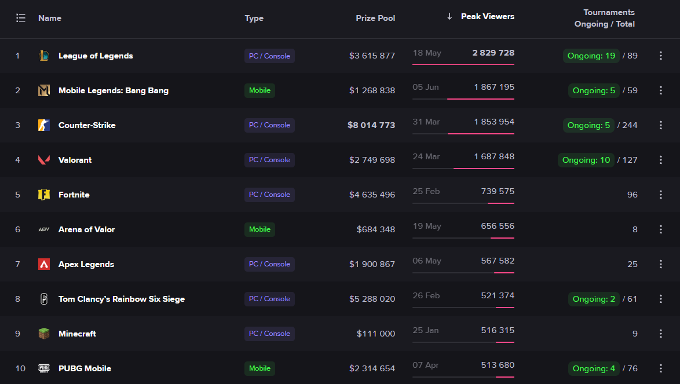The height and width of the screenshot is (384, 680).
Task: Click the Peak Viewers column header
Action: coord(487,16)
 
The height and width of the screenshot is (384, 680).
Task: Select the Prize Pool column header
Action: coord(375,18)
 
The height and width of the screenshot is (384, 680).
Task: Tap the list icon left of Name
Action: coord(21,18)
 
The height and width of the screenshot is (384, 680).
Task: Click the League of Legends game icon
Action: coord(44,56)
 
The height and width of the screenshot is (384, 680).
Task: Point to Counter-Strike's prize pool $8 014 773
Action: coord(371,125)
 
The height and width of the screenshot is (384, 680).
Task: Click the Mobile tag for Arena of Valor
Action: coord(259,229)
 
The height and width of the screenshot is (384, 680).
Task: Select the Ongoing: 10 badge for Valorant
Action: coord(586,160)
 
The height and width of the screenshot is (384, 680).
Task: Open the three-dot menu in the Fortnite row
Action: coord(660,195)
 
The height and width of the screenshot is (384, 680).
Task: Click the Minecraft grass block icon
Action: coord(44,334)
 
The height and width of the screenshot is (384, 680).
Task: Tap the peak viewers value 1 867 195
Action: coord(493,87)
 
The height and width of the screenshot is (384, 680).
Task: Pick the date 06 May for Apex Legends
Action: coord(426,261)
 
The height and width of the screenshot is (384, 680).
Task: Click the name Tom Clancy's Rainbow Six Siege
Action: coord(122,299)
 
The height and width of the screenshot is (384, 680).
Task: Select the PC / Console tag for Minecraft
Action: coord(269,334)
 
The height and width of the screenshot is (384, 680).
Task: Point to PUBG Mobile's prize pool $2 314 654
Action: coord(372,368)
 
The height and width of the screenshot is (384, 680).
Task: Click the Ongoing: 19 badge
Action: coord(591,56)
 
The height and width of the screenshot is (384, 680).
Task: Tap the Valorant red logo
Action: coord(44,160)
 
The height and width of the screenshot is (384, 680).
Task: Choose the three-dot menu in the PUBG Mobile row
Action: coord(660,368)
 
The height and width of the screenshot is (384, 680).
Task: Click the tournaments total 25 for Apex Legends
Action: coord(632,264)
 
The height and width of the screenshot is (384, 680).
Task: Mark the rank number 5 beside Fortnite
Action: coord(17,195)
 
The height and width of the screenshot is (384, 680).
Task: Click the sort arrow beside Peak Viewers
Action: coord(449,16)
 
